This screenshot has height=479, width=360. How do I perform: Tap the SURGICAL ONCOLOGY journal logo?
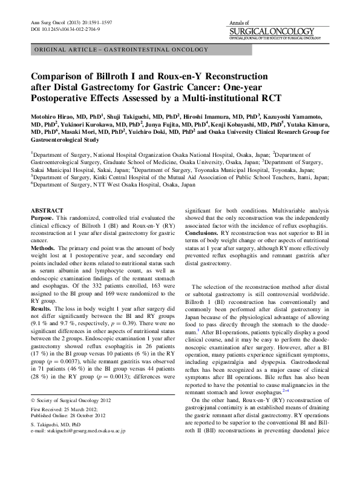pos(272,31)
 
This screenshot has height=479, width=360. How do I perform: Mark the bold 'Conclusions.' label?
pos(203,232)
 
